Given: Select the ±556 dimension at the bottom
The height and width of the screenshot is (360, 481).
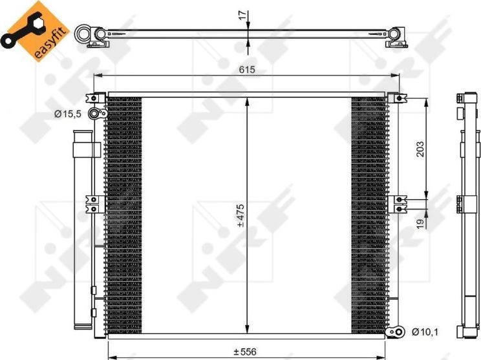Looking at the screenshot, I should pos(244,353).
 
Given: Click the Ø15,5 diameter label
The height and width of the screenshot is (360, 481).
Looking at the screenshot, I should pos(67,114).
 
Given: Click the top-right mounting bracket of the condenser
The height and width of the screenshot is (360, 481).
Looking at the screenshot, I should pos(398,98).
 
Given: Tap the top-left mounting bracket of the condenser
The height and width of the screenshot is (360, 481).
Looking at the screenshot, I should pos(95,99).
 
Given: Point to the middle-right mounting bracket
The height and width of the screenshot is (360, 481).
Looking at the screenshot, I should pos(398,202).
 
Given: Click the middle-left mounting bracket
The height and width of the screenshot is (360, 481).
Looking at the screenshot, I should pos(94,202).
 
